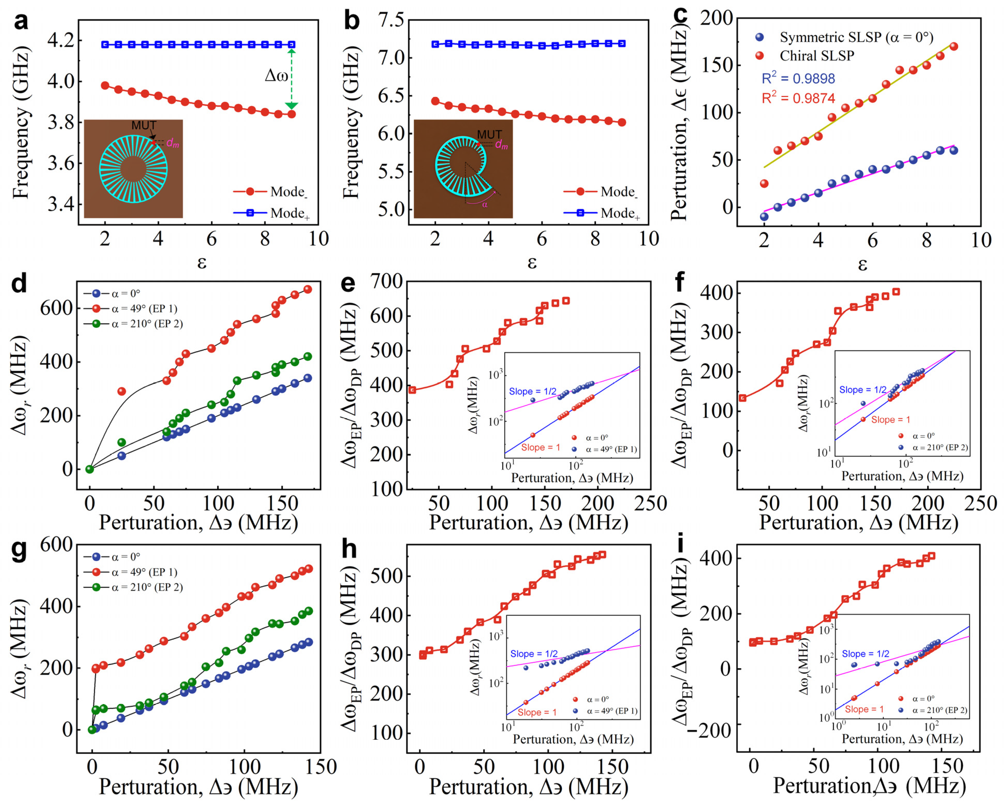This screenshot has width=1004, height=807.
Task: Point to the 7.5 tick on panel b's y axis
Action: tap(392, 20)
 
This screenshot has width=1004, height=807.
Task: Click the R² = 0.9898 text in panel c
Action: tap(798, 78)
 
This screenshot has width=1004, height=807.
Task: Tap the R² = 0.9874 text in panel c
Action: tap(798, 98)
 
